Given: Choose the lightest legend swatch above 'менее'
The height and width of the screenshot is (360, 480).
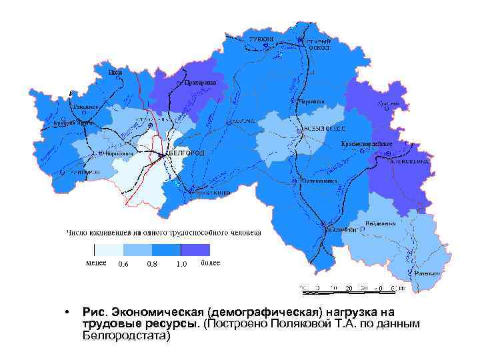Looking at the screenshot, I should (x=109, y=250).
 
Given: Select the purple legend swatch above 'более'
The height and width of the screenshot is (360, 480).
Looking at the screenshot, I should (x=196, y=250).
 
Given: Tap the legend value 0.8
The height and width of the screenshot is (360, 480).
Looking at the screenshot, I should (x=152, y=265).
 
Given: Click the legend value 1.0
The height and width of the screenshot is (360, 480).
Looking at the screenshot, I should (x=181, y=265).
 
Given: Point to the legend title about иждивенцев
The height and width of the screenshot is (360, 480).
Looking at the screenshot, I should (x=163, y=233).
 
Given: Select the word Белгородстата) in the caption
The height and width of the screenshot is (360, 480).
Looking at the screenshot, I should (x=127, y=335).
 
